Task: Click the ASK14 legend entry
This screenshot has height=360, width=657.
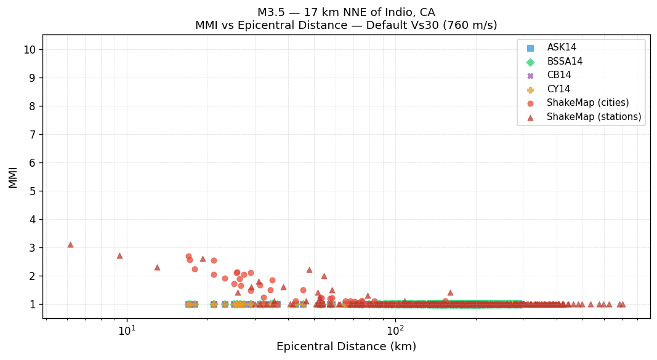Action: point(562,47)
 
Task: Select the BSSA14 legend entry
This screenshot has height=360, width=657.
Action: point(564,62)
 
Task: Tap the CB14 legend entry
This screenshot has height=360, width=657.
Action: point(558,75)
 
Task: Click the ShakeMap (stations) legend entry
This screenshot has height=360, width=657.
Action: point(594,117)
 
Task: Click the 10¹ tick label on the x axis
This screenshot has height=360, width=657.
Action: point(127,330)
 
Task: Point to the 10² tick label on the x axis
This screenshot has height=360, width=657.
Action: point(395,330)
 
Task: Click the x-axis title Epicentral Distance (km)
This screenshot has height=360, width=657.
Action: point(346,346)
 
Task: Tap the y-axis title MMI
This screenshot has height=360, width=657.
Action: point(13,177)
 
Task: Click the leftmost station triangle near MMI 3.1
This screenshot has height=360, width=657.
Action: point(70,244)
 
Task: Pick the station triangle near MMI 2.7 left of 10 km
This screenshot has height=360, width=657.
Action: point(119,255)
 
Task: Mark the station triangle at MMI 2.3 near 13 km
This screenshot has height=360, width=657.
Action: point(157,267)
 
